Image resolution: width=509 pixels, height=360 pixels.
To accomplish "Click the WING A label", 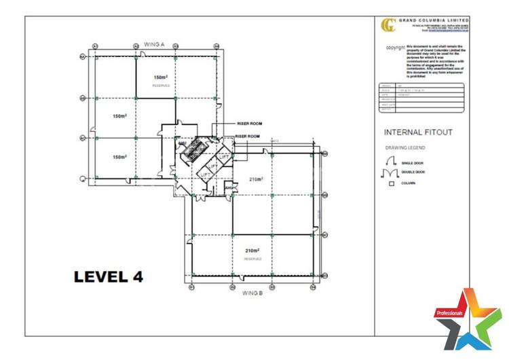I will click(x=155, y=43).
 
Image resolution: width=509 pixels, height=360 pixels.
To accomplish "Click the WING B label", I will click(x=252, y=293).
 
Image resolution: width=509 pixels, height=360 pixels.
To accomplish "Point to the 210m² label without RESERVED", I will click(x=255, y=180).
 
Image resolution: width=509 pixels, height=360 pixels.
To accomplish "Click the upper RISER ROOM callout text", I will click(x=248, y=124).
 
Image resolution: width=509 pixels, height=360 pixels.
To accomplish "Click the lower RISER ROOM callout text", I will click(x=248, y=137).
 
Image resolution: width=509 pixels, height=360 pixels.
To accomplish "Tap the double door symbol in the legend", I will click(x=392, y=173).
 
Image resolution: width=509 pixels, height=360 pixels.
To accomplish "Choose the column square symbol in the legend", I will click(x=392, y=184).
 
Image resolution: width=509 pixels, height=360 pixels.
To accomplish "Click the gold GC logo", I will click(x=388, y=25).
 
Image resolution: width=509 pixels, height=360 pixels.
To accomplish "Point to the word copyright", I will click(x=396, y=48).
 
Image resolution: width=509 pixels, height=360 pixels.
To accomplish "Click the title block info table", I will click(x=421, y=98).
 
